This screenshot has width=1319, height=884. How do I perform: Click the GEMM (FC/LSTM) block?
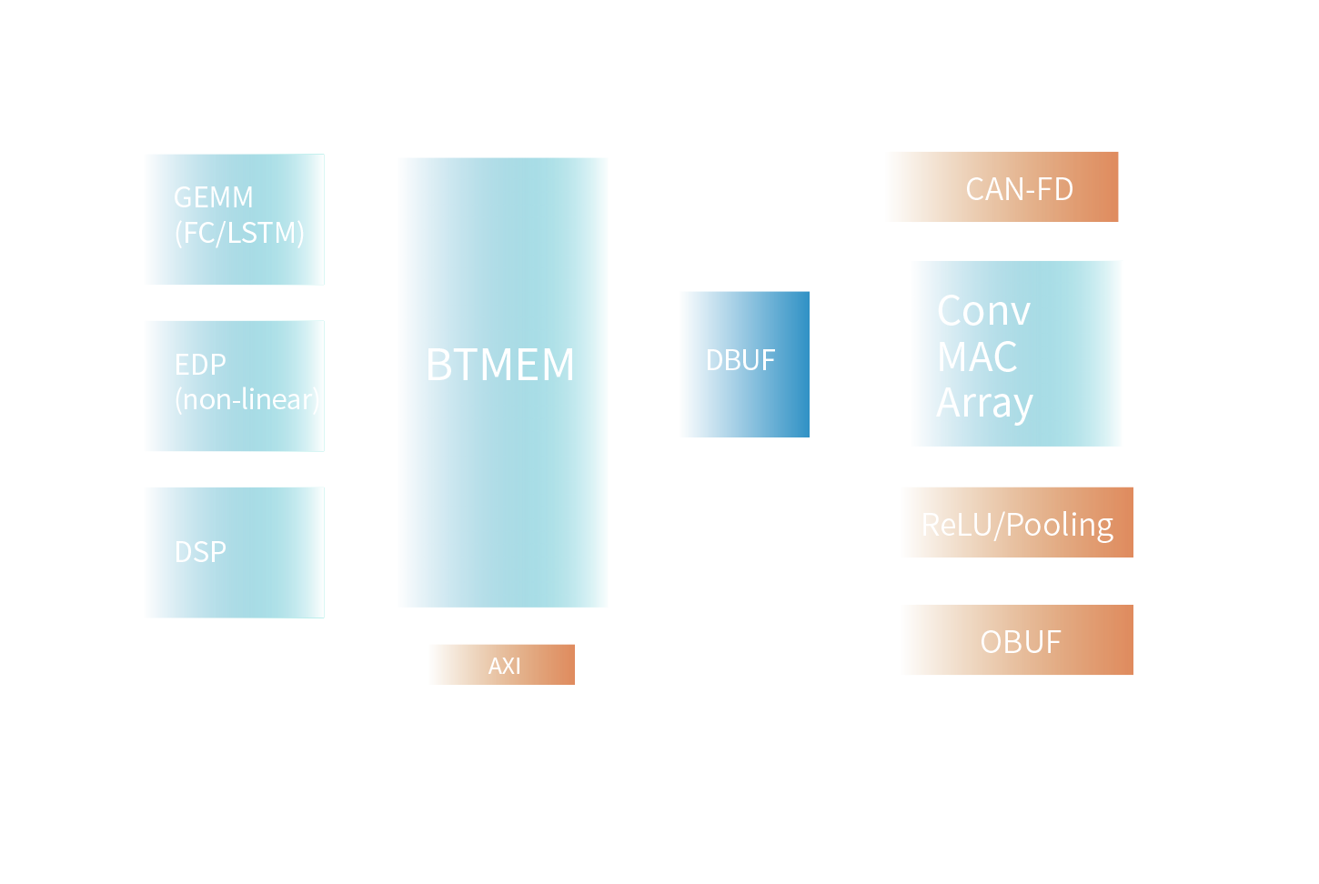coord(235,219)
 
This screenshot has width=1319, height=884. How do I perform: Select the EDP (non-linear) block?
coord(235,386)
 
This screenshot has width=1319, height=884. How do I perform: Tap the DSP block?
coord(235,552)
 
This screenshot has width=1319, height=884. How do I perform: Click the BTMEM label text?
coord(500,366)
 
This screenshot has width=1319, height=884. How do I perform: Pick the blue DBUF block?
coord(745,364)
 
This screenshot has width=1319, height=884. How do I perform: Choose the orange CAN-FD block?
coord(1002,187)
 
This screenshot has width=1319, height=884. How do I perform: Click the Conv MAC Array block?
coord(1017,354)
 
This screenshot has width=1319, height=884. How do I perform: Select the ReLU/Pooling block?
coord(1018,523)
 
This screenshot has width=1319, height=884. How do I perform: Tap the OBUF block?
coord(1018,640)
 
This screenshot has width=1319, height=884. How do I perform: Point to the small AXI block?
coord(502,665)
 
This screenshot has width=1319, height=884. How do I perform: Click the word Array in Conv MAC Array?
coord(985,404)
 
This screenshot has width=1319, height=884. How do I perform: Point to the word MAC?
coord(977,357)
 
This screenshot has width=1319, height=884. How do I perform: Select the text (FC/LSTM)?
coord(239,234)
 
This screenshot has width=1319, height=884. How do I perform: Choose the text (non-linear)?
coord(247,400)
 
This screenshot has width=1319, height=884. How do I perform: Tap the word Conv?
coord(983,312)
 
